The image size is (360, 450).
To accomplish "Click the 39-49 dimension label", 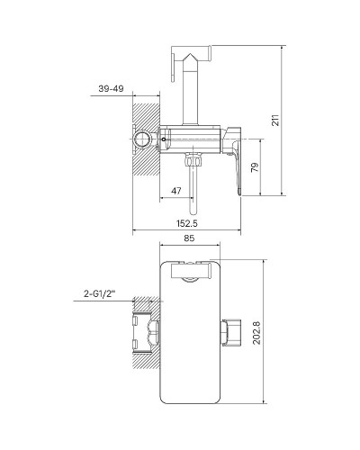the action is click(111, 88).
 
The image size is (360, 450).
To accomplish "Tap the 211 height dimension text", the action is click(275, 120).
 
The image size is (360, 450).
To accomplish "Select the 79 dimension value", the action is click(255, 167).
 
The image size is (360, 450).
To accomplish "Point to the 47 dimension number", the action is click(176, 191).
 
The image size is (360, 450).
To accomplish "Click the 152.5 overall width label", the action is click(187, 223).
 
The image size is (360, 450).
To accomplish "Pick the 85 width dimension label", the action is click(189, 238).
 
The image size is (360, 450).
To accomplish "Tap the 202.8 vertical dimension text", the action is click(256, 333).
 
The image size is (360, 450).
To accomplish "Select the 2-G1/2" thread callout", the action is click(100, 294).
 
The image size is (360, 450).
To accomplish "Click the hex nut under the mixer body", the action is click(193, 159).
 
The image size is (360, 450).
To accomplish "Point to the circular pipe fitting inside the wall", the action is click(142, 139).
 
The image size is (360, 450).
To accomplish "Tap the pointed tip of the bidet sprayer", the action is click(190, 54).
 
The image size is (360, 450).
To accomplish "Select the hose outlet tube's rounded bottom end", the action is click(193, 213).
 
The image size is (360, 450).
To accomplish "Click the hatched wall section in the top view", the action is click(146, 139).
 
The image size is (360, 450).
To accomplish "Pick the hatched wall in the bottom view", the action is click(146, 333).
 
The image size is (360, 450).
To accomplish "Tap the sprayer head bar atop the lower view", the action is click(191, 271).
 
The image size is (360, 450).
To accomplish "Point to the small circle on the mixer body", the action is click(163, 139).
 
